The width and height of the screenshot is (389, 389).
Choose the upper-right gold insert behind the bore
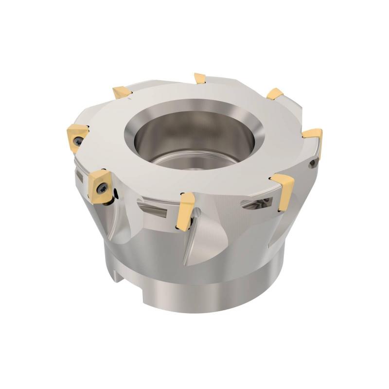point(275,93)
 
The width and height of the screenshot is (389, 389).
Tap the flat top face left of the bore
point(105,122)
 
